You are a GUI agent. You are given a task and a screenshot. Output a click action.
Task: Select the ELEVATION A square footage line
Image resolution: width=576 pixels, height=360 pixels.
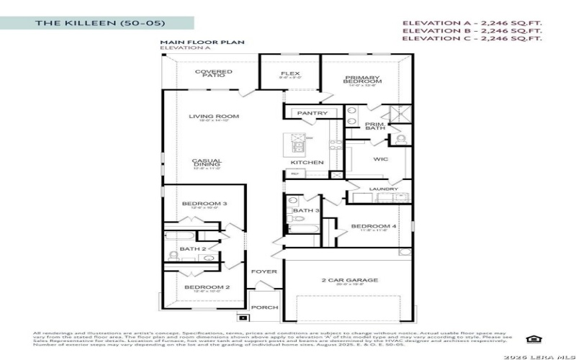point(472,23)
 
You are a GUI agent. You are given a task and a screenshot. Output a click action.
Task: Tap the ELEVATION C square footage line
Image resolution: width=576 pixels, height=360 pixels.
point(472,39)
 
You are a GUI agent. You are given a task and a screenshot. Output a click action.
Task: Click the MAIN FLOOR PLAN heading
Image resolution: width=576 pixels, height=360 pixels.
point(202,42)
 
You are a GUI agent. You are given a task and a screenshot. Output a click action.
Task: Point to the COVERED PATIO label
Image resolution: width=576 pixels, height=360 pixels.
point(213,74)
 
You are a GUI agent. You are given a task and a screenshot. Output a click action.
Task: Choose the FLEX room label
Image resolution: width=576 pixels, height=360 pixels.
point(290,73)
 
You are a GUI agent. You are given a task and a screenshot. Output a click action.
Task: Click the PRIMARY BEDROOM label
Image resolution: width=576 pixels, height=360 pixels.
point(362,80)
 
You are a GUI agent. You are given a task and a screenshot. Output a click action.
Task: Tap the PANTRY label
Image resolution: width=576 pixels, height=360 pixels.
point(312,113)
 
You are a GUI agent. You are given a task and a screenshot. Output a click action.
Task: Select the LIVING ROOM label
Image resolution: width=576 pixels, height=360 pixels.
point(214,117)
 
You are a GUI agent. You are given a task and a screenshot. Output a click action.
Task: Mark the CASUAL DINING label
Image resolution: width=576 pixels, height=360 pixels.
point(207,163)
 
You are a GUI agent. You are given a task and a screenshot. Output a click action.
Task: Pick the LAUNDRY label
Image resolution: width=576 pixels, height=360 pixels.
point(383,189)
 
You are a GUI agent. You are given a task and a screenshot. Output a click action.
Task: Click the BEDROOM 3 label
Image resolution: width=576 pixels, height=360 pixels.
point(204,204)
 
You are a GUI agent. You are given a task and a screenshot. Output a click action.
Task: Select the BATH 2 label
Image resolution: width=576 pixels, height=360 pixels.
point(193,248)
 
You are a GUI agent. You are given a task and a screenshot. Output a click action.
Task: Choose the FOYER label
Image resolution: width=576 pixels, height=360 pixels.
point(264,271)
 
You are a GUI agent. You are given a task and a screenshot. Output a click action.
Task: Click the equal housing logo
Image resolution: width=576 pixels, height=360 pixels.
point(533,339)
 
